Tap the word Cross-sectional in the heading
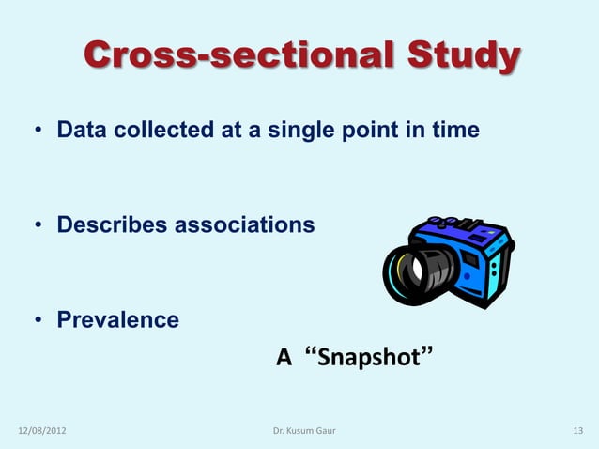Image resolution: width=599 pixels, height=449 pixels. (243, 56)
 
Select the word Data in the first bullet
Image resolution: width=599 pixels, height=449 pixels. (82, 131)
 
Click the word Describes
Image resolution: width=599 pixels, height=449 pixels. (113, 225)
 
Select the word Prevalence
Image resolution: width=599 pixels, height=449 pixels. (118, 319)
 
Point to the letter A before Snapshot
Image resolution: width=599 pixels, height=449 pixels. (283, 358)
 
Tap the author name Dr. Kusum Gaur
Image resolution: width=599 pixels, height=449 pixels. (303, 431)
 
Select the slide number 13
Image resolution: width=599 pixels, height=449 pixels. (577, 431)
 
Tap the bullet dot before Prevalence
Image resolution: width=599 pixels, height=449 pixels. (39, 321)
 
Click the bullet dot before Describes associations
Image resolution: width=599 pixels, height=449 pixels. (39, 226)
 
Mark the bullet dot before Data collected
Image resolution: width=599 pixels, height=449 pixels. (39, 132)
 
